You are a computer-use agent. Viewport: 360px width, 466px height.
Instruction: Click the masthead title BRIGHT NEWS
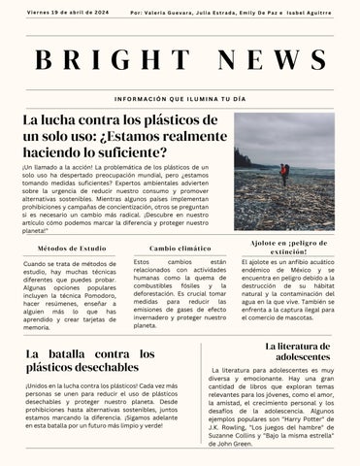180,61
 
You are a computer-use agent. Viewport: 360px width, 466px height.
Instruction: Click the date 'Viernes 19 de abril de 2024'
68,14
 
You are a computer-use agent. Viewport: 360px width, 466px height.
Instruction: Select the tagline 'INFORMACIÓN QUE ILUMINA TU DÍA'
180,100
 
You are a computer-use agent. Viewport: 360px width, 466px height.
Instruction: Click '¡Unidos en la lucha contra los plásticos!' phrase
78,385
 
